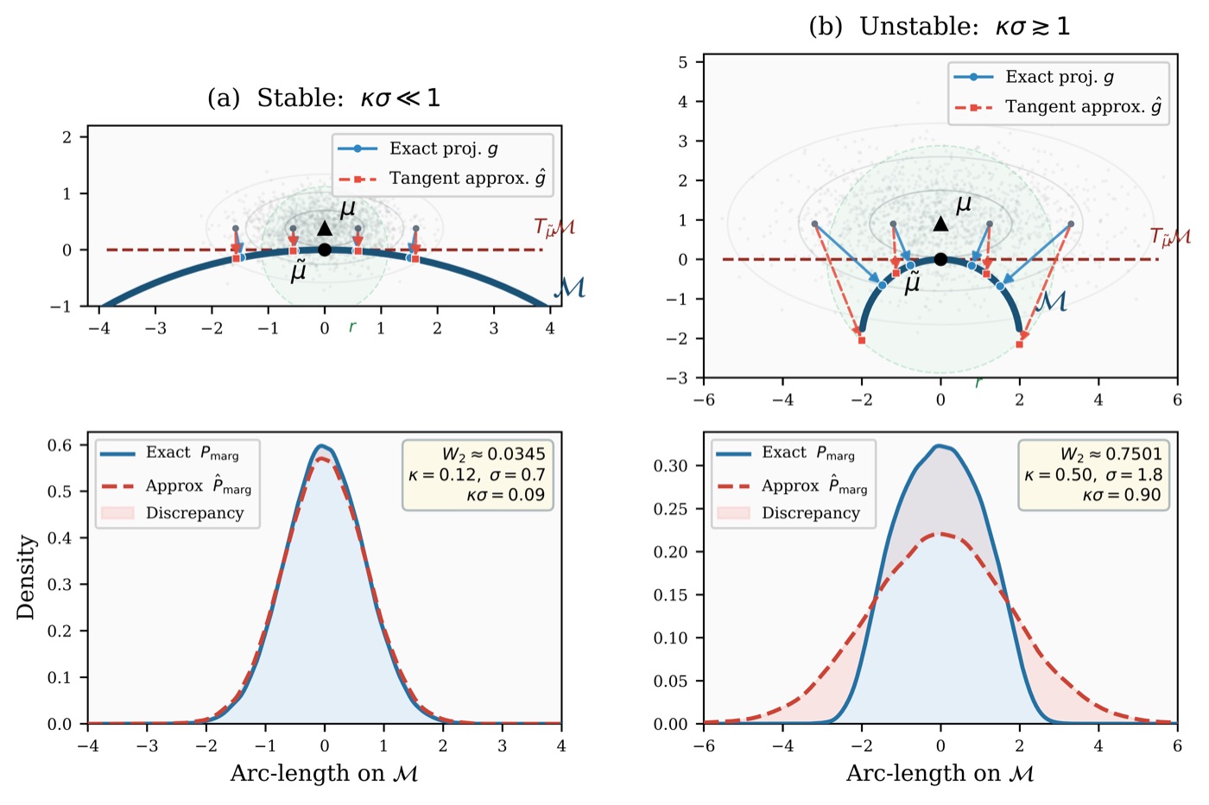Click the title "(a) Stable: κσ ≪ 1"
tap(324, 98)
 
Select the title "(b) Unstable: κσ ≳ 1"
tap(940, 27)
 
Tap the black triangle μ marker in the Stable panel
tap(325, 228)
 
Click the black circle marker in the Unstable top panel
tap(940, 259)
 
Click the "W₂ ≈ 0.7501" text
tap(1111, 454)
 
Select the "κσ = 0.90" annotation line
tap(1122, 495)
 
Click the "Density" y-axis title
tap(25, 577)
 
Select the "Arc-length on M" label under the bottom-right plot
tap(940, 774)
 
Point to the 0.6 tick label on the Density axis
tap(60, 446)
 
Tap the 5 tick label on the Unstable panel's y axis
tap(683, 63)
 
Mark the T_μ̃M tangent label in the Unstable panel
tap(1170, 237)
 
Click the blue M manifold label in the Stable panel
tap(569, 288)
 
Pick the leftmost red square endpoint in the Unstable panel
tap(862, 340)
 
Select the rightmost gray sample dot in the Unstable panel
tap(1071, 224)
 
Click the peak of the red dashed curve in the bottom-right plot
tap(940, 534)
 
